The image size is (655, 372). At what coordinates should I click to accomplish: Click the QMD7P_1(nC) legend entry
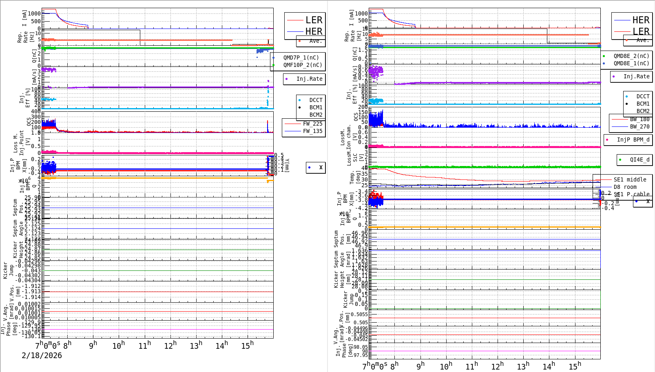click(x=301, y=58)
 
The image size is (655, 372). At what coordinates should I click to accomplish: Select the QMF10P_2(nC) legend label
click(x=303, y=65)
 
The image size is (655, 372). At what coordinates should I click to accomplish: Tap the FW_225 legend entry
click(x=312, y=124)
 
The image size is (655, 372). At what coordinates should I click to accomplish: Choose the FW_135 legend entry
click(x=312, y=131)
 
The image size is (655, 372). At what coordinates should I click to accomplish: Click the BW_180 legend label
click(x=640, y=119)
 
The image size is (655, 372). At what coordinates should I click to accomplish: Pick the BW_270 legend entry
click(x=640, y=126)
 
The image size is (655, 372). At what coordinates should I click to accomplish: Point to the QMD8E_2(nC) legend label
click(x=631, y=56)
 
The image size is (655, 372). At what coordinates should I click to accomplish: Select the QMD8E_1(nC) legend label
click(x=631, y=63)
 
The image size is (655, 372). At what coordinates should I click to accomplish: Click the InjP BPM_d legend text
click(x=633, y=139)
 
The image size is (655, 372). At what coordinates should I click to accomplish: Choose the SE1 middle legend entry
click(x=630, y=179)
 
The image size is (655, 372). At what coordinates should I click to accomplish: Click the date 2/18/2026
click(x=42, y=355)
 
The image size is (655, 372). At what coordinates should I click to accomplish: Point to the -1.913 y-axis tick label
click(x=33, y=291)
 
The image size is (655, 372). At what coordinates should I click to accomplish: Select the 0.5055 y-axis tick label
click(x=359, y=314)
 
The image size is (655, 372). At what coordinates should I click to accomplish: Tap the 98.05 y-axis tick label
click(x=360, y=347)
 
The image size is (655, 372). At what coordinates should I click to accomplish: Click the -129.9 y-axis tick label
click(x=32, y=322)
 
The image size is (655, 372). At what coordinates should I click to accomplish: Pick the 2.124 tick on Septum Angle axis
click(x=33, y=228)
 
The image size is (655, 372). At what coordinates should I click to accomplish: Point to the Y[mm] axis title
click(x=287, y=165)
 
